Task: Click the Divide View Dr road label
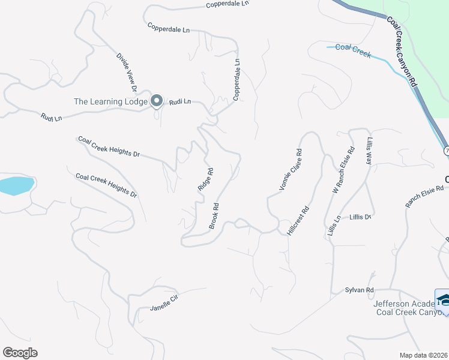pyautogui.click(x=127, y=73)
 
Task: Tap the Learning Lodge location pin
pyautogui.click(x=157, y=101)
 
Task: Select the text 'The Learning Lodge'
pyautogui.click(x=110, y=101)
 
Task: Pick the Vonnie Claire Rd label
pyautogui.click(x=291, y=170)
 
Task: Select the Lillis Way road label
pyautogui.click(x=369, y=150)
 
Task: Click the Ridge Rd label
pyautogui.click(x=205, y=179)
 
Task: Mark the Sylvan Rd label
pyautogui.click(x=360, y=290)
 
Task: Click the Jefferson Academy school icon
pyautogui.click(x=443, y=299)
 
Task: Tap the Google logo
pyautogui.click(x=20, y=353)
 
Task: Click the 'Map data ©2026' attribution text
pyautogui.click(x=424, y=355)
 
